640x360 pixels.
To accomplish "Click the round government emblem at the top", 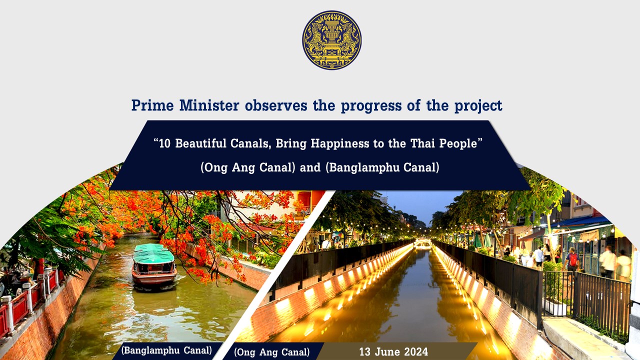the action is [x=331, y=40].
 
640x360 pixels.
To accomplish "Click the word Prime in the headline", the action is [x=152, y=105].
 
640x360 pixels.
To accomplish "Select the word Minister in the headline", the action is [x=209, y=105].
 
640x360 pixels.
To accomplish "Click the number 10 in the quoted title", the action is [x=164, y=143].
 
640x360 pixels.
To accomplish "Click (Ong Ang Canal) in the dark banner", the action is [x=247, y=167].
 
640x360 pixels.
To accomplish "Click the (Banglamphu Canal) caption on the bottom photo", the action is [x=166, y=350].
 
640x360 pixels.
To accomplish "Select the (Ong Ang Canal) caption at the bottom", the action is [x=271, y=352].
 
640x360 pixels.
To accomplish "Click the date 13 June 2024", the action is [x=393, y=351].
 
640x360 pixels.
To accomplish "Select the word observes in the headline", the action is [x=276, y=105].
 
